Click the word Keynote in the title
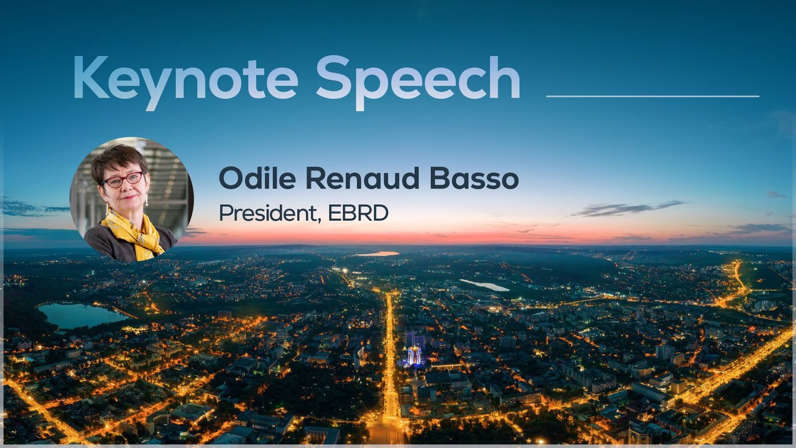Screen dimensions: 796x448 (185, 83)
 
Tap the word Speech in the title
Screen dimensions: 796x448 (419, 83)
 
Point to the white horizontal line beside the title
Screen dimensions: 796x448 (653, 96)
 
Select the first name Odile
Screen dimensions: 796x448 (257, 178)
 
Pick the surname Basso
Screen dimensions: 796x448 (474, 178)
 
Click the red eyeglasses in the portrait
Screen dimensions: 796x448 (123, 180)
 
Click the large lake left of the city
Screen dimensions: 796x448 (80, 315)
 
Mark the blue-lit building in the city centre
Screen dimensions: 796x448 (414, 355)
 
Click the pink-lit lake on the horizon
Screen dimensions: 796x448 (377, 253)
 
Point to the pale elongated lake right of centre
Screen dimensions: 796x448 (484, 285)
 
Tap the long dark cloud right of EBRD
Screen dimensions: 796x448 (627, 208)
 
